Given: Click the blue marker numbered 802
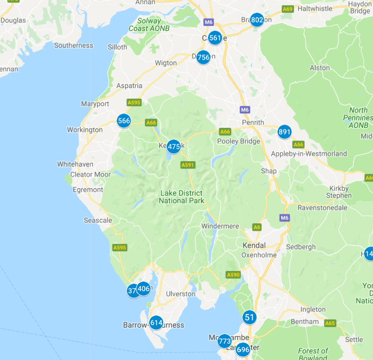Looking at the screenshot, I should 257,20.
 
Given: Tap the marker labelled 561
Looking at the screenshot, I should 215,38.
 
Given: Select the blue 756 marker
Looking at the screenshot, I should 203,57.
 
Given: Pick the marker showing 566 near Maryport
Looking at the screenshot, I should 124,121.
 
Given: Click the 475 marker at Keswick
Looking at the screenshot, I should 174,147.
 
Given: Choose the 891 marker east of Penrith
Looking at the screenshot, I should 284,132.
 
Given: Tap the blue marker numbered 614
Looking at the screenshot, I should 156,322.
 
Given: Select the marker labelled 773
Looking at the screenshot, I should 224,341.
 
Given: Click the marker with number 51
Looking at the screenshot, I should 249,317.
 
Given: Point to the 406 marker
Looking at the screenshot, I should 144,289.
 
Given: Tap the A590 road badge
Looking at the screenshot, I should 233,275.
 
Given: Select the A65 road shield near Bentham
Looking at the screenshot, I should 330,322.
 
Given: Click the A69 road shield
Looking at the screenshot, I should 288,9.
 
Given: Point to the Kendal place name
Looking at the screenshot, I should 253,246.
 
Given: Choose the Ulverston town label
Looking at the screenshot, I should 181,294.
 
